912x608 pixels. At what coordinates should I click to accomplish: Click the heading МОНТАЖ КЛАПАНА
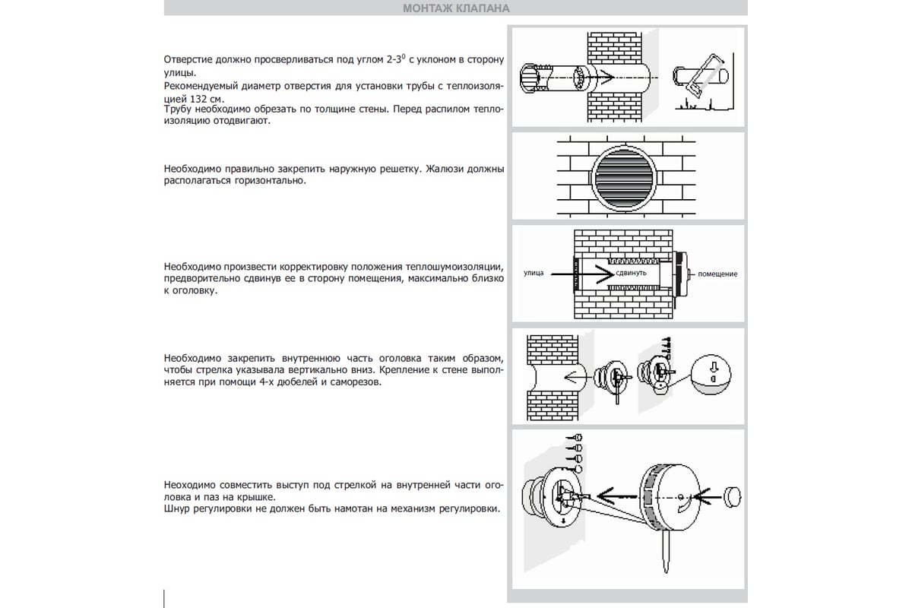tap(454, 8)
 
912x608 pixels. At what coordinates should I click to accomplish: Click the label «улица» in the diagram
tap(534, 272)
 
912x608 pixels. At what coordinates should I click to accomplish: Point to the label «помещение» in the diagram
tap(717, 273)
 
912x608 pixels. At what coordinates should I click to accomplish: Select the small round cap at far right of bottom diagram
tap(732, 496)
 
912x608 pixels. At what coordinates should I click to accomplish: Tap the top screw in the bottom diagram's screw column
tap(578, 438)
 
